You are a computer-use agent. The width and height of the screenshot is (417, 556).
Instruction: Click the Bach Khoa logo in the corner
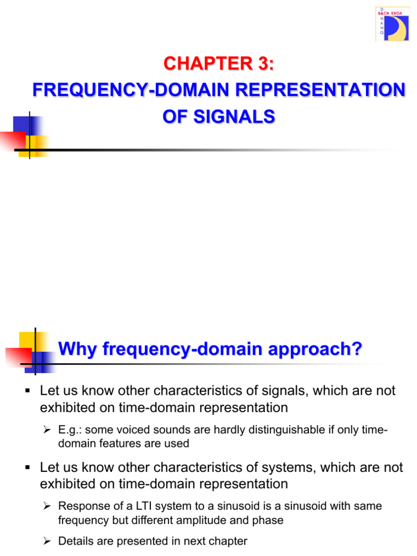392,24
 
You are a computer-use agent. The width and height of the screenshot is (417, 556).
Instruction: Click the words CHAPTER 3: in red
219,64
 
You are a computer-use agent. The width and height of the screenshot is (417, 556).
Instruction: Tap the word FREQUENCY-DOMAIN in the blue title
119,90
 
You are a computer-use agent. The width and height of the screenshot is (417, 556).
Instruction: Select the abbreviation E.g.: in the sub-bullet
70,430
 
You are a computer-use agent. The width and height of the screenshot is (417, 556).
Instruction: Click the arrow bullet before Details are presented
47,541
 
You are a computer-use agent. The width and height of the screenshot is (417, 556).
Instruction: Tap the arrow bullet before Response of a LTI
47,506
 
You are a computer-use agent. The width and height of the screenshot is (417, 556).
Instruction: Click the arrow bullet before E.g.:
47,430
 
